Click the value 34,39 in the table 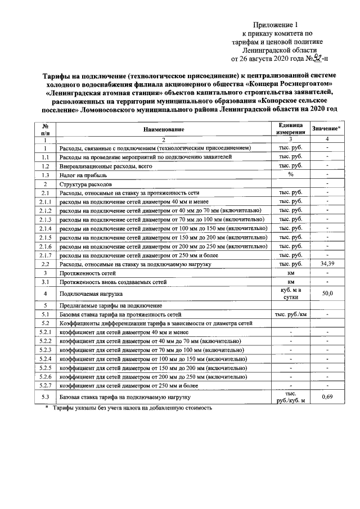coord(327,263)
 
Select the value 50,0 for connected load coord(327,293)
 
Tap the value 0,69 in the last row coord(327,397)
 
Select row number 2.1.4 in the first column coord(45,229)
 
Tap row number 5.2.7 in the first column coord(45,385)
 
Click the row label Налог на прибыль coord(78,175)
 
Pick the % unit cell coord(291,175)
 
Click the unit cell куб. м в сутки coord(291,293)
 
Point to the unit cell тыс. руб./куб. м coord(291,397)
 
